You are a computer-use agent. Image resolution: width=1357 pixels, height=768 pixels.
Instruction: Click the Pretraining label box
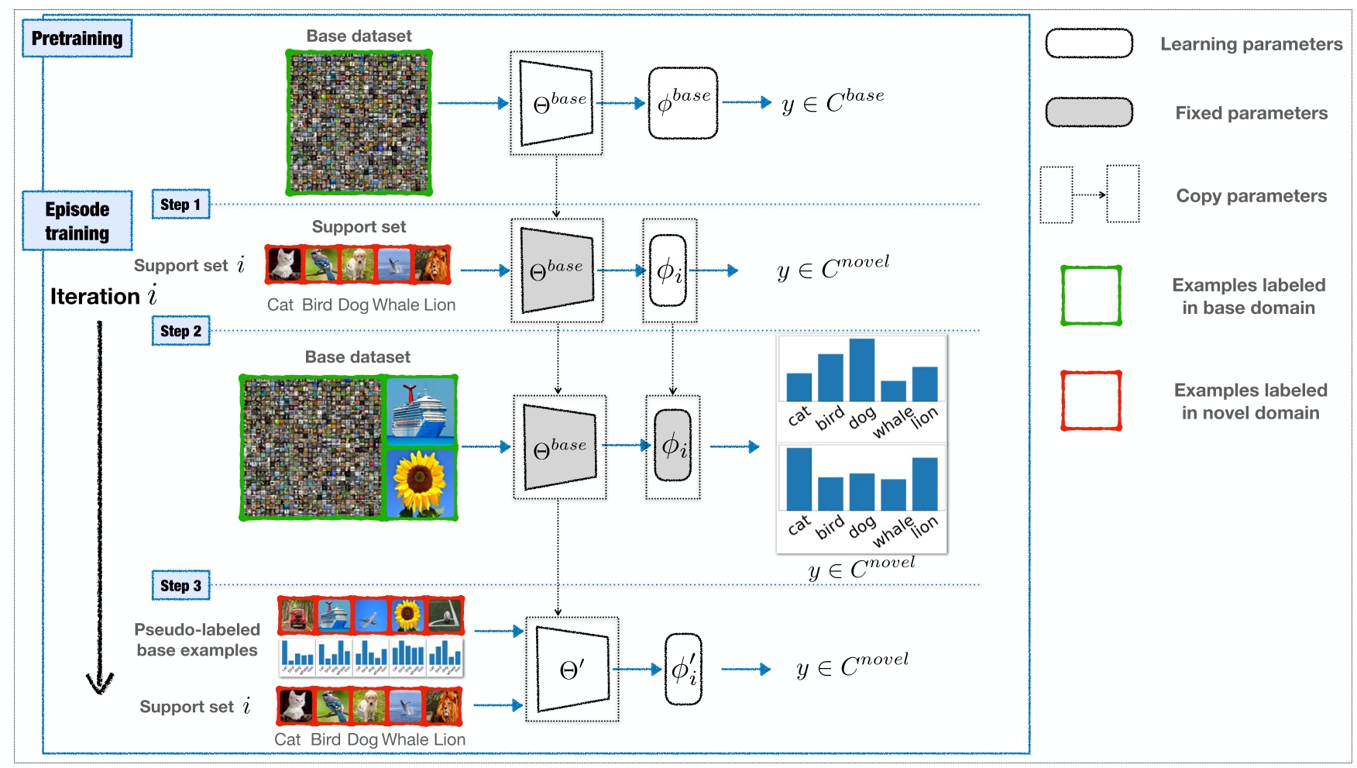coord(77,39)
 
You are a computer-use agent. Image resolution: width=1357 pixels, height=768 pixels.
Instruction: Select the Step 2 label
coord(180,331)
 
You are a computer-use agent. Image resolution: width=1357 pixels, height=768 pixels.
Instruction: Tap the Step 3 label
coord(180,586)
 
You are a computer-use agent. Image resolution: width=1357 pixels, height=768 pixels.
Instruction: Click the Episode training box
coord(77,221)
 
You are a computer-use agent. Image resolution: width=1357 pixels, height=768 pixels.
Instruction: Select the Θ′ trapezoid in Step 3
coord(572,669)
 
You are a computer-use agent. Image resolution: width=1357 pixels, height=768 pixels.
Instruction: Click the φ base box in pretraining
coord(683,103)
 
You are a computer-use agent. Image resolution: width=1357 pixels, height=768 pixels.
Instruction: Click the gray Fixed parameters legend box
coord(1089,112)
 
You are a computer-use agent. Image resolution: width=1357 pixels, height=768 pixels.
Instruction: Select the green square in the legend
coord(1091,295)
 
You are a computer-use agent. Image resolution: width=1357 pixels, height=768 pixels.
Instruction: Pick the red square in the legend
coord(1091,401)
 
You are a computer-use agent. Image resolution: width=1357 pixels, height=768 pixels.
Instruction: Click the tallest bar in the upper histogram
coord(861,370)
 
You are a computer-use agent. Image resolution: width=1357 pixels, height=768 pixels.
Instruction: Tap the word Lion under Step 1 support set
coord(438,305)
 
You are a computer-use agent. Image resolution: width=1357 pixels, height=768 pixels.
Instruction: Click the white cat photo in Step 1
coord(284,264)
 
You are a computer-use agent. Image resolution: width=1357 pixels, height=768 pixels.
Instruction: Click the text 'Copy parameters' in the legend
coord(1251,196)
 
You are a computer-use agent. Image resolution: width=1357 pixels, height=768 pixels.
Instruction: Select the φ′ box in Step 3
coord(683,670)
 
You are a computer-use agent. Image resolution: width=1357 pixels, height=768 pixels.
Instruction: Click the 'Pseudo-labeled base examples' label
coord(197,640)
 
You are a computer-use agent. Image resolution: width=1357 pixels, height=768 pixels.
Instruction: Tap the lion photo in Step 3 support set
coord(444,706)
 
